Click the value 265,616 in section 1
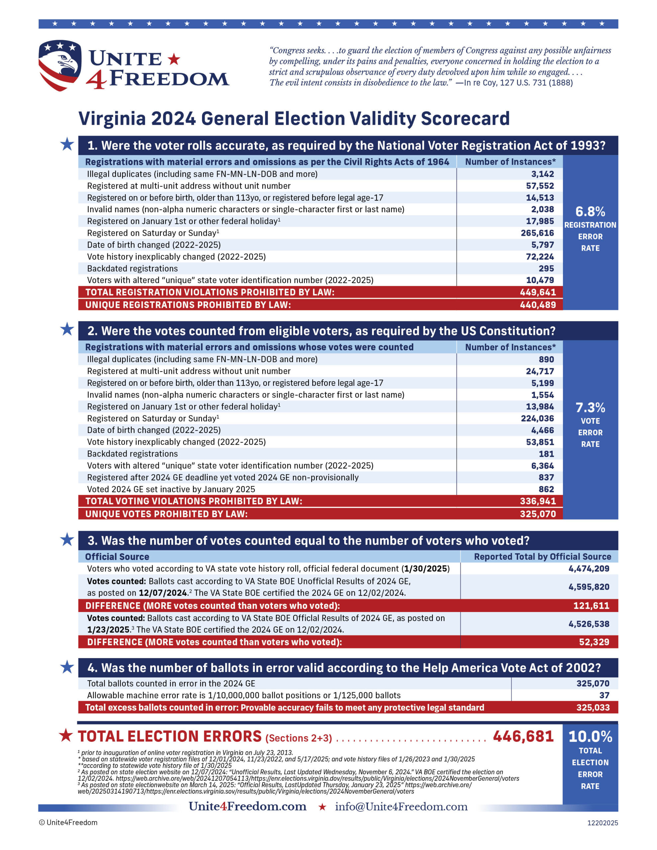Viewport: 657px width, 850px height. (x=537, y=233)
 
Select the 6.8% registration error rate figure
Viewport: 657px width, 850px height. (x=590, y=212)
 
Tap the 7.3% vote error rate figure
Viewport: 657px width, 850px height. (x=590, y=407)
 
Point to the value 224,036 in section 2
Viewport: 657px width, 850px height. (x=537, y=418)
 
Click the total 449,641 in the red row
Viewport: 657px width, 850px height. (x=537, y=292)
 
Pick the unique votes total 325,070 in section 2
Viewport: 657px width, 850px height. (x=537, y=514)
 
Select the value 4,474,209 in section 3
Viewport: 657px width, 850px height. (x=589, y=569)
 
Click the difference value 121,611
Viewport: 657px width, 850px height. (x=591, y=606)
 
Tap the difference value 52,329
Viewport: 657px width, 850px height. (x=594, y=642)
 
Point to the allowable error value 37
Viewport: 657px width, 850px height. (x=604, y=695)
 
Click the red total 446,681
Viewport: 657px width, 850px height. (x=523, y=736)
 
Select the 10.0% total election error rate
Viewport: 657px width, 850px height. (x=590, y=736)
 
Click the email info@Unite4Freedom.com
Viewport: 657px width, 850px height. (x=401, y=807)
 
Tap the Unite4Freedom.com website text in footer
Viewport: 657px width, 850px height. (x=247, y=807)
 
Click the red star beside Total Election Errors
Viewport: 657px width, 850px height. (x=66, y=735)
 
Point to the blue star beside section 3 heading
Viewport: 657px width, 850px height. (x=67, y=540)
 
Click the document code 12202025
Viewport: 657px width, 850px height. (x=602, y=823)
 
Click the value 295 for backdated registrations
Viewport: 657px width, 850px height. (x=546, y=269)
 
